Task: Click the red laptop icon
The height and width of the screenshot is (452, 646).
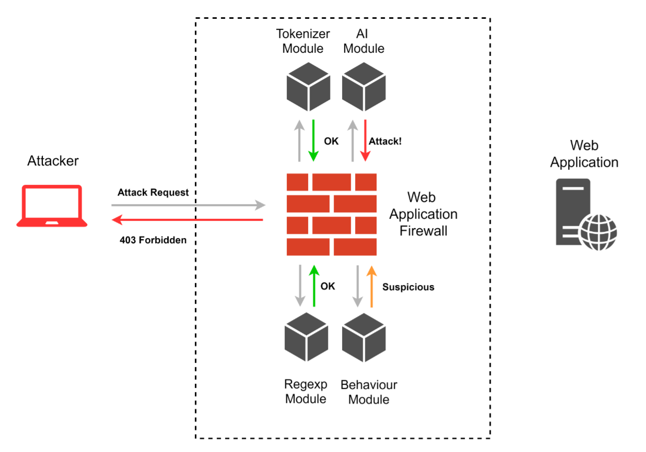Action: [52, 206]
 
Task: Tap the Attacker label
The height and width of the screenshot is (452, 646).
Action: [53, 161]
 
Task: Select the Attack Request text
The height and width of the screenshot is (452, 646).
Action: [153, 193]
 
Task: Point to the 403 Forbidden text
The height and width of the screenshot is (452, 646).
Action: [152, 241]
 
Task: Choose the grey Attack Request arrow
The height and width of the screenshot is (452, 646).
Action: [189, 205]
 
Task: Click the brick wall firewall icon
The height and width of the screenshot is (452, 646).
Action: [332, 215]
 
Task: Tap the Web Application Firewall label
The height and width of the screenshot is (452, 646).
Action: [424, 214]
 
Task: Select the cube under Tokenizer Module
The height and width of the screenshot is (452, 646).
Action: [308, 86]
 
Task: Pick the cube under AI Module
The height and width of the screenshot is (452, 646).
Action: [364, 86]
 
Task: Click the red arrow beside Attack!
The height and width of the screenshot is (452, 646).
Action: [365, 140]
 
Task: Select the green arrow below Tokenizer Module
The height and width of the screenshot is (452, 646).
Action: [313, 140]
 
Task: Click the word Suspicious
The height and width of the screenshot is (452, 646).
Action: [408, 287]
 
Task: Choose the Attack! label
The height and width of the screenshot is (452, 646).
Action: [385, 141]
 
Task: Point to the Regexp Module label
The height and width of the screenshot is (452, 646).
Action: [306, 391]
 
